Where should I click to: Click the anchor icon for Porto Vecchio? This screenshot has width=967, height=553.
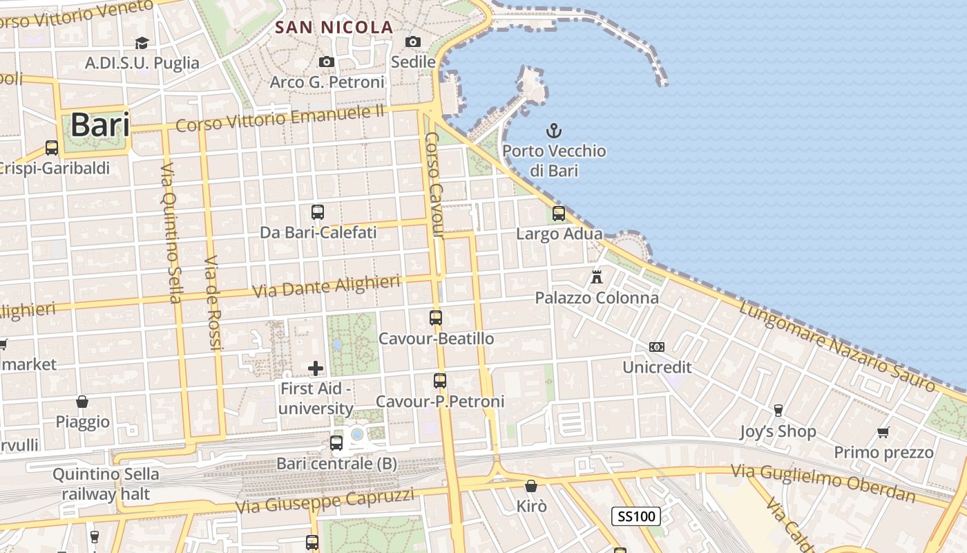(553, 130)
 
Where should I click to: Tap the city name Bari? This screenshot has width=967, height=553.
(100, 125)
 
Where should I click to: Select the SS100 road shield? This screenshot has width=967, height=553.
(635, 516)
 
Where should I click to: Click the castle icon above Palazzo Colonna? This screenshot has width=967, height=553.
(597, 277)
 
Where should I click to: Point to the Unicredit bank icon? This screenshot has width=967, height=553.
(657, 346)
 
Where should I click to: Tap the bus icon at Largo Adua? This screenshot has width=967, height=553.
(559, 213)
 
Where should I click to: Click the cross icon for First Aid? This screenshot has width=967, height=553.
(316, 368)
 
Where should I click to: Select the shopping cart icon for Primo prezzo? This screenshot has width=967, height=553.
(883, 432)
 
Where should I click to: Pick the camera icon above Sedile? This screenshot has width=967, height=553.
(413, 41)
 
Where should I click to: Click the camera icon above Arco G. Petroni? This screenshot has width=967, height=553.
(327, 62)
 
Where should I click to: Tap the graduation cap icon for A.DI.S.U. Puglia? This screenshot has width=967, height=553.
(142, 43)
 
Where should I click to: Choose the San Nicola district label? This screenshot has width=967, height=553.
(334, 28)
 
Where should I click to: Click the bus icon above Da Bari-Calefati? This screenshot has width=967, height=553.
(318, 212)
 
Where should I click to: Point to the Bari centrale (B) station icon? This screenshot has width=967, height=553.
(336, 442)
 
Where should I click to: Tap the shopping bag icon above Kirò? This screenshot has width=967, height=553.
(531, 486)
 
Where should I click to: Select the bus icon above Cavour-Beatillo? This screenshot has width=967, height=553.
(436, 317)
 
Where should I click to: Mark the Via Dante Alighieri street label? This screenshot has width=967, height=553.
(326, 286)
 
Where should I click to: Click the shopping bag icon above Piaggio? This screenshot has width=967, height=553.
(82, 401)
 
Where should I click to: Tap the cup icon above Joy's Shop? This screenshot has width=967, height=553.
(778, 411)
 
